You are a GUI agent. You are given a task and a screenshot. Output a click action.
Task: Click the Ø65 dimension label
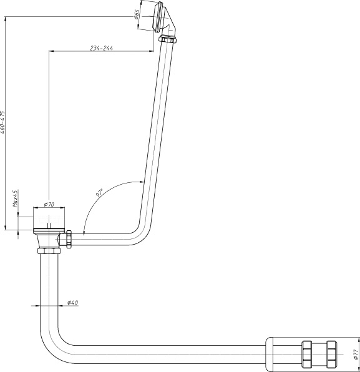coord(137,14)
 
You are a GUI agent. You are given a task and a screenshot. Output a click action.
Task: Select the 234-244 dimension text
coord(102,48)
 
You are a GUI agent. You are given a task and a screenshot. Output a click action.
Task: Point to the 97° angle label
coord(99,193)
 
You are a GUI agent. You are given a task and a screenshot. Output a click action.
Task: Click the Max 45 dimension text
coord(15,198)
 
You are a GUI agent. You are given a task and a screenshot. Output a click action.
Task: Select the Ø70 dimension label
coord(49,204)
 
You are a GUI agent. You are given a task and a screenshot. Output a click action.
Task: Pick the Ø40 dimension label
coord(72,303)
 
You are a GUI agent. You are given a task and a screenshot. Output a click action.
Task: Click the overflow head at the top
coord(158,16)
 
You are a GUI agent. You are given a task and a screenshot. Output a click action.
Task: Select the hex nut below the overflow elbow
coord(167,39)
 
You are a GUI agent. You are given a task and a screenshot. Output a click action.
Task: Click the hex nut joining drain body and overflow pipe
coord(69,239)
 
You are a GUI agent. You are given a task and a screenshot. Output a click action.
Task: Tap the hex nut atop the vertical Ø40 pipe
coord(49,251)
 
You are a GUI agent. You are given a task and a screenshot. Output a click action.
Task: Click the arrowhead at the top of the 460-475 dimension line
coord(5,19)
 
